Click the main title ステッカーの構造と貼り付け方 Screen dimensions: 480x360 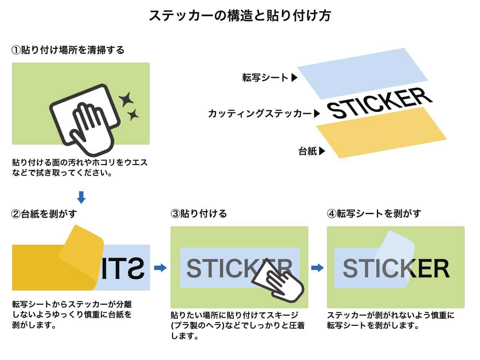pos(240,16)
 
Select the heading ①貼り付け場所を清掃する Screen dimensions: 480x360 pos(68,50)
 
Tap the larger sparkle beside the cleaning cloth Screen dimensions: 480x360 pos(126,99)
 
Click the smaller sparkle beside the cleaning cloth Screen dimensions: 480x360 pos(133,115)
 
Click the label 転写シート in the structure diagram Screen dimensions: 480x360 pos(265,77)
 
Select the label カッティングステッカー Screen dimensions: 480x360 pos(260,114)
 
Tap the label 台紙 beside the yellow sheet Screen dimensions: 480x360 pos(308,151)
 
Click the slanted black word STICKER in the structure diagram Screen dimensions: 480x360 pos(379,103)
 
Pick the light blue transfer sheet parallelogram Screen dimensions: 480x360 pos(362,74)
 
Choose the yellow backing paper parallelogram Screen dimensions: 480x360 pos(381,133)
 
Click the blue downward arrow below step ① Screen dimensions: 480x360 pos(81,197)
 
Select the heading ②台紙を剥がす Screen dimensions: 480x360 pos(44,214)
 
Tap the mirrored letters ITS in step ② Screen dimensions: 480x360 pos(123,268)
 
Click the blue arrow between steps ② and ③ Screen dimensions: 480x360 pos(160,268)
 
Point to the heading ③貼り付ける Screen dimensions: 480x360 pos(199,213)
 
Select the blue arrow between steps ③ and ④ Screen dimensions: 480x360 pos(317,268)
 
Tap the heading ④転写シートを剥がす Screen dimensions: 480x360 pos(374,213)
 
